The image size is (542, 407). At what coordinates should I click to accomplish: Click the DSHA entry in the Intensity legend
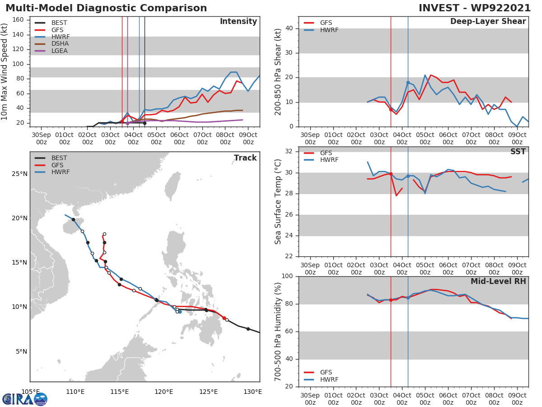click(x=59, y=44)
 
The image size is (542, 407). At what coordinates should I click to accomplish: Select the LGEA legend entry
click(x=59, y=51)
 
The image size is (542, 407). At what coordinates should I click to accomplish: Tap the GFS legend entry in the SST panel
click(x=326, y=153)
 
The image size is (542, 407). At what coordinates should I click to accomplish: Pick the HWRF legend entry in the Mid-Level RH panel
click(x=329, y=379)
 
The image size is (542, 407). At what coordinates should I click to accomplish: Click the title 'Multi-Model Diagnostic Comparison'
click(x=106, y=8)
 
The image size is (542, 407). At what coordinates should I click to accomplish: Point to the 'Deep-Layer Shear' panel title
click(x=488, y=22)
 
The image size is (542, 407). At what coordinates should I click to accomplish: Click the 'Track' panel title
click(x=245, y=158)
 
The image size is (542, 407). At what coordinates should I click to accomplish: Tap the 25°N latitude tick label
click(x=19, y=174)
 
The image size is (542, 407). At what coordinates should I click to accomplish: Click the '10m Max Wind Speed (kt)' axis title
click(x=5, y=71)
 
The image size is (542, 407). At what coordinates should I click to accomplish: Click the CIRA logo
click(x=25, y=399)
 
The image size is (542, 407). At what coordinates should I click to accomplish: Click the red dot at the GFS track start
click(x=224, y=318)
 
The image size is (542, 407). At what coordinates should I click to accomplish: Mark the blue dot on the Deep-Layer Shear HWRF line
click(x=408, y=83)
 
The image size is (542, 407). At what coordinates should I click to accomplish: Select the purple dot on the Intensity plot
click(x=127, y=123)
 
